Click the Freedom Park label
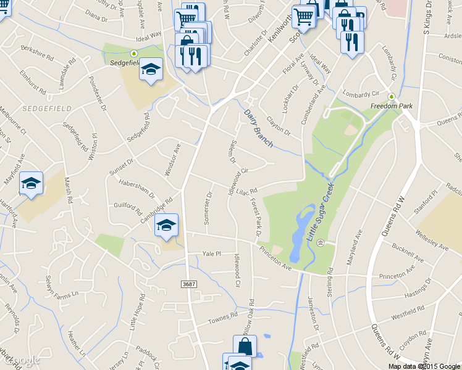click(x=391, y=106)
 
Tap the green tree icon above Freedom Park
click(x=391, y=97)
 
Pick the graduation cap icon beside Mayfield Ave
click(x=31, y=183)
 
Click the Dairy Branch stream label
click(x=259, y=125)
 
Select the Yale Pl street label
click(x=211, y=254)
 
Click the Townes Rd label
click(x=222, y=317)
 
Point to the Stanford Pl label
click(x=425, y=200)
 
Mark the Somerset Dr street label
click(x=208, y=208)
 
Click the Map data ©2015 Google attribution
click(x=424, y=366)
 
